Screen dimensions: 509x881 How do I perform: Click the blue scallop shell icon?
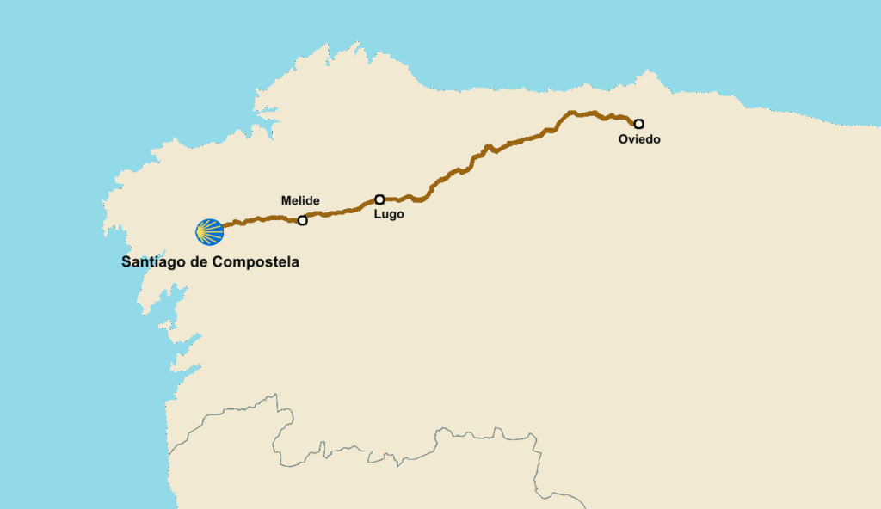tap(209, 231)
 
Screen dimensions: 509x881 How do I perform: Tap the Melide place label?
tap(300, 201)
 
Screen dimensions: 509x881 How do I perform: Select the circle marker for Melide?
tap(302, 221)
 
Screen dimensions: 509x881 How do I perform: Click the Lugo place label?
tap(389, 215)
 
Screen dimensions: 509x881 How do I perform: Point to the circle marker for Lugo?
tap(379, 199)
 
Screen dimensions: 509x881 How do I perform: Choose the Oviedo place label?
tap(639, 139)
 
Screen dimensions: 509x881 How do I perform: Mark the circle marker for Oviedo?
tap(638, 124)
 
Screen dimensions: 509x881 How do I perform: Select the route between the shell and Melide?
tap(258, 219)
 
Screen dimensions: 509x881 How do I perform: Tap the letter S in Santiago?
tap(126, 262)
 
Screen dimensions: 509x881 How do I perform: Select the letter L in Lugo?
tap(377, 215)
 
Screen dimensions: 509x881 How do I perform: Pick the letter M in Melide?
tap(286, 201)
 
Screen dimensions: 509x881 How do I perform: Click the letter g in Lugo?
tap(391, 216)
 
